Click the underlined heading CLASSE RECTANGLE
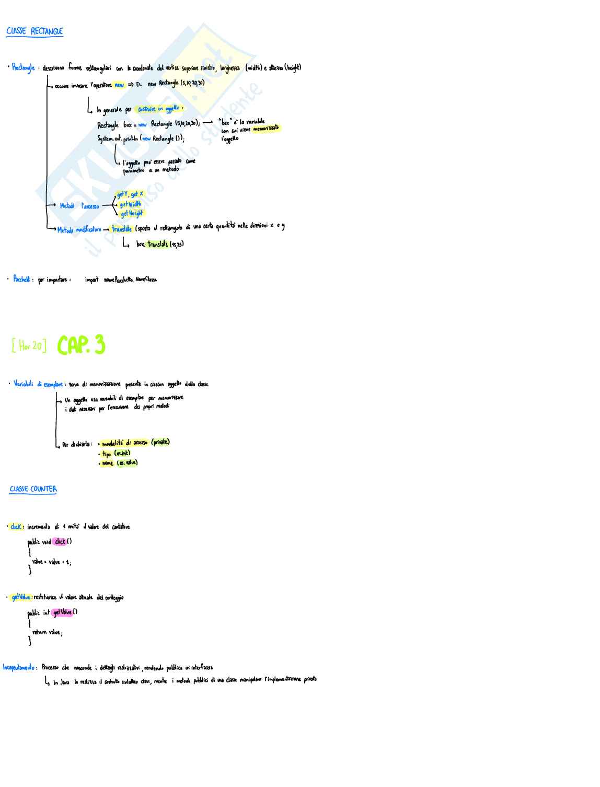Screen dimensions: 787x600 [x=34, y=31]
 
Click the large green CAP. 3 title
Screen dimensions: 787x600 [x=82, y=345]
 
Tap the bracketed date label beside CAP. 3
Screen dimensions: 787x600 [x=29, y=345]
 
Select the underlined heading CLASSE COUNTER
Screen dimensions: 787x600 [x=33, y=489]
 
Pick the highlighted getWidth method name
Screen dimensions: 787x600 [x=131, y=204]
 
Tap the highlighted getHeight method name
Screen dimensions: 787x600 [x=132, y=214]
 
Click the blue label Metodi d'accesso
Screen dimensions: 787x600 [x=79, y=206]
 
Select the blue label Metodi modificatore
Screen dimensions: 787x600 [x=79, y=229]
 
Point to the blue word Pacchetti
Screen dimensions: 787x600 [x=24, y=279]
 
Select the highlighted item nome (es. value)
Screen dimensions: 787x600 [x=120, y=463]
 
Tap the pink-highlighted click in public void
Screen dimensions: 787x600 [x=60, y=542]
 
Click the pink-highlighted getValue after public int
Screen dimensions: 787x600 [x=63, y=612]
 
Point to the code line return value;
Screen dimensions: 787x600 [x=47, y=632]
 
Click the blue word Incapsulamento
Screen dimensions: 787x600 [x=19, y=667]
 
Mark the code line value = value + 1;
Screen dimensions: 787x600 [x=51, y=562]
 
